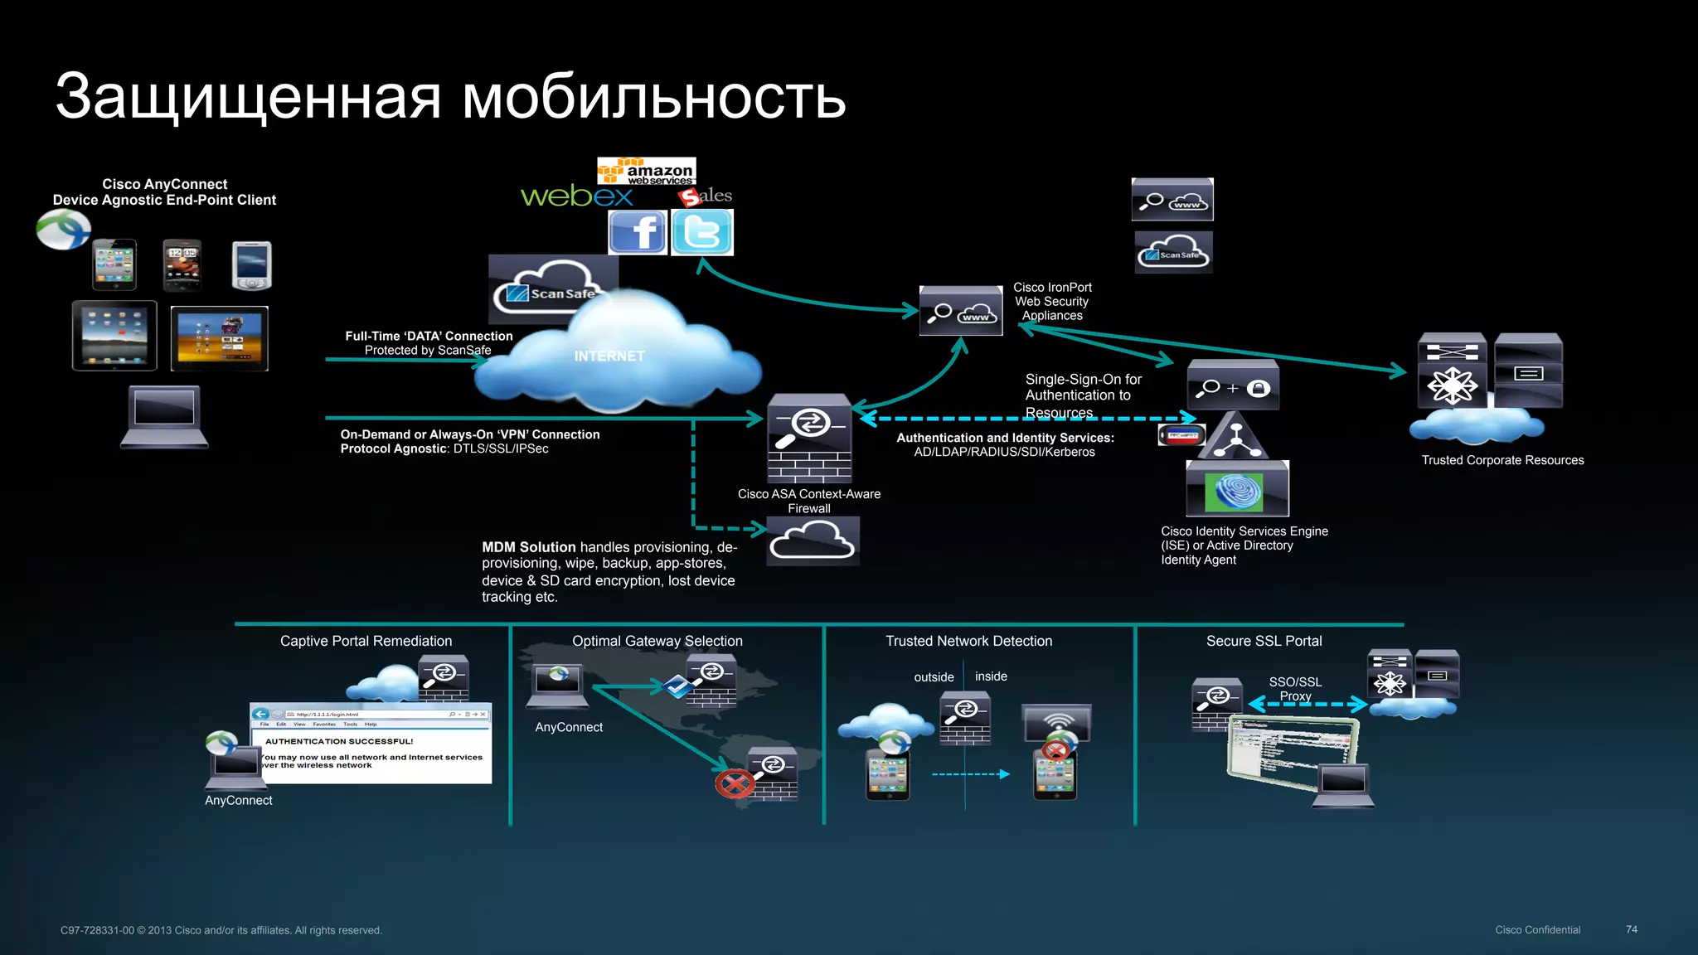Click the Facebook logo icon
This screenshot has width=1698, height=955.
click(637, 232)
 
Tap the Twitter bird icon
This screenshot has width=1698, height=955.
click(701, 232)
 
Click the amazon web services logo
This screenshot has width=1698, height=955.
click(647, 171)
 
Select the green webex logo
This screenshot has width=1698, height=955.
click(576, 196)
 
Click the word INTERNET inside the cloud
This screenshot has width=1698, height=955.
click(609, 356)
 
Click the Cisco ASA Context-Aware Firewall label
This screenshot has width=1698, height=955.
click(808, 501)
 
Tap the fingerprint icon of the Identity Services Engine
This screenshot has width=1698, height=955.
click(1239, 492)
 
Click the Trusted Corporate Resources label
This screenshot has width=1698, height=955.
click(1502, 460)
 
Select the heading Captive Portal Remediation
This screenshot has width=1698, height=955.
click(366, 641)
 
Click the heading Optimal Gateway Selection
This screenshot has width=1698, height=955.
click(657, 641)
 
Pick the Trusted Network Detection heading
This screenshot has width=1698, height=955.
click(968, 641)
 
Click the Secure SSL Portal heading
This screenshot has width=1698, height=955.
click(1264, 641)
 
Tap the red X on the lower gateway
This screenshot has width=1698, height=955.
click(735, 783)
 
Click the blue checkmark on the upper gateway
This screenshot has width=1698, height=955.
click(677, 686)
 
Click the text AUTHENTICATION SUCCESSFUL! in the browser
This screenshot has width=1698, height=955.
click(339, 741)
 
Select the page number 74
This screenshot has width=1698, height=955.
click(1631, 929)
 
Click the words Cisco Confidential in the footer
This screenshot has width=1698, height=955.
click(1537, 929)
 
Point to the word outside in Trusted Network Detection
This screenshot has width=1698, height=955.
click(934, 677)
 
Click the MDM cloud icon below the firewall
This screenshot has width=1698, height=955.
click(813, 542)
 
